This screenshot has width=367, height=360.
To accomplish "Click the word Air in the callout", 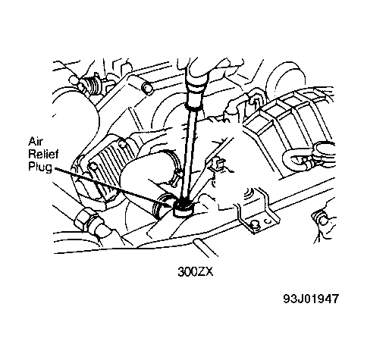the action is click(x=36, y=142).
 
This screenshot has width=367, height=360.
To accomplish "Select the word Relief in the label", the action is click(x=43, y=154).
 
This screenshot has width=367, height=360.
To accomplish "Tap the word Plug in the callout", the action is click(x=40, y=167).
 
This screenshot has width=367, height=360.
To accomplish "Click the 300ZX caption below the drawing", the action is click(x=196, y=272).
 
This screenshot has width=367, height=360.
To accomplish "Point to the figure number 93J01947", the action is click(x=310, y=299).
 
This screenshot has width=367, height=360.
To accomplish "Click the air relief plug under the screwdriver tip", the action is click(x=183, y=208).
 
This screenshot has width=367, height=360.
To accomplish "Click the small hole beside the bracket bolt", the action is click(x=268, y=221).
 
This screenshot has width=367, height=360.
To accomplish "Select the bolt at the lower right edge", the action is click(x=323, y=221).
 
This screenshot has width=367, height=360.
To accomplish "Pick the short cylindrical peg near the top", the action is click(x=147, y=89).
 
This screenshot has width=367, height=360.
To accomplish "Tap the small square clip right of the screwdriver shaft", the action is click(x=217, y=164).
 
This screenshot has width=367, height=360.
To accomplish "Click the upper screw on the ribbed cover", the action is click(x=122, y=143).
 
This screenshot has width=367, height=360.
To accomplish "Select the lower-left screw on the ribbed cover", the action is click(x=93, y=167).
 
